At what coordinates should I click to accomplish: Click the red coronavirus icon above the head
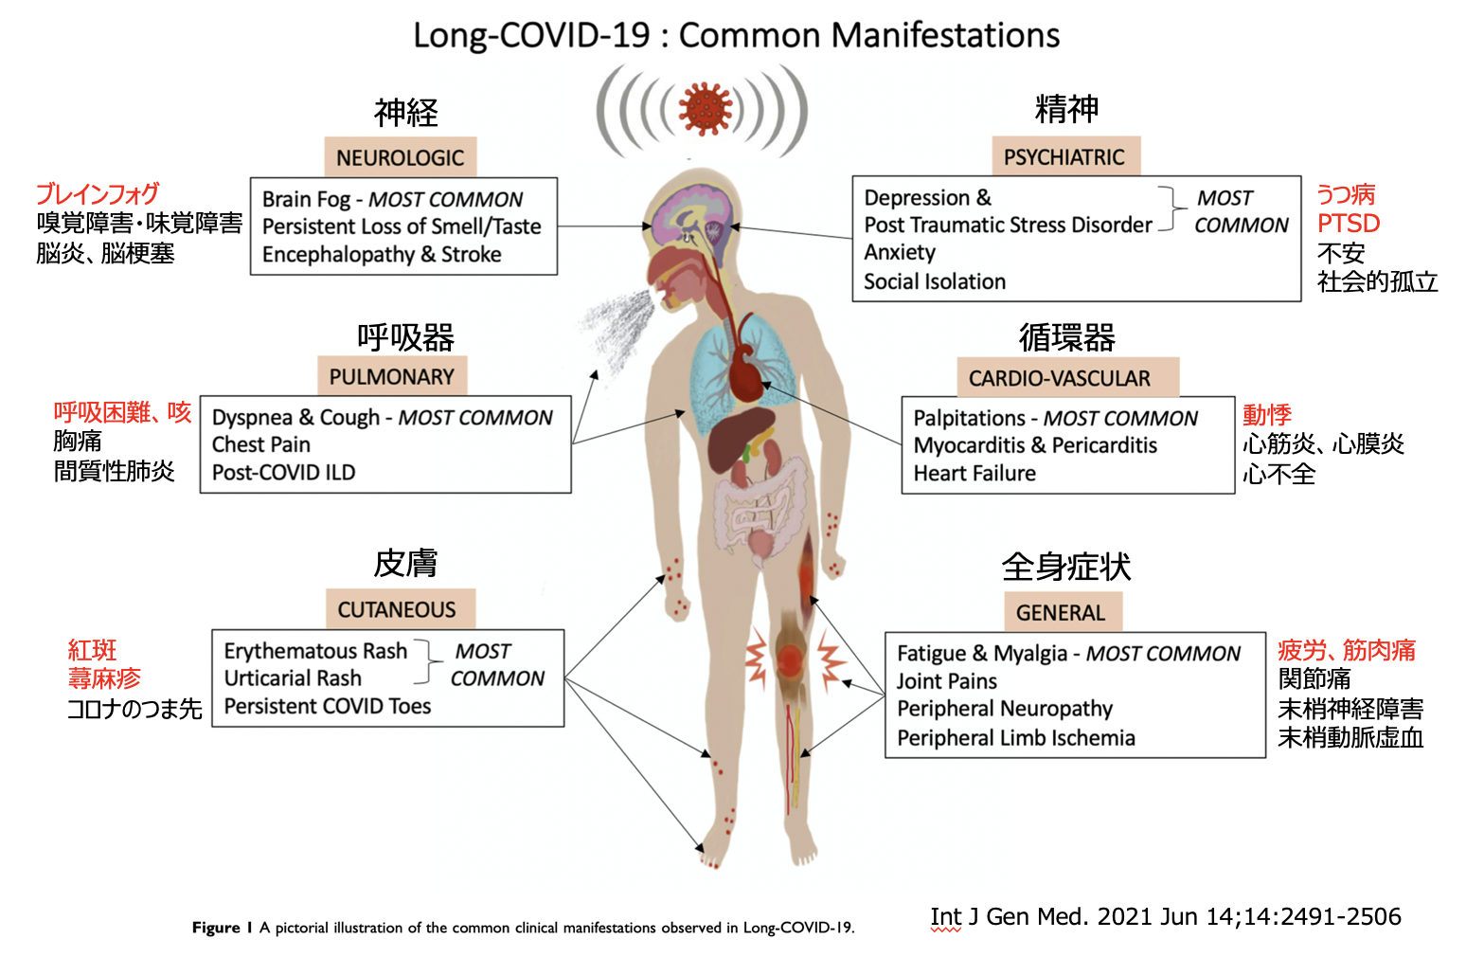705,109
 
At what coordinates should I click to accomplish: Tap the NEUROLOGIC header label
401,157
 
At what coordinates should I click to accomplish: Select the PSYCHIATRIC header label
1065,156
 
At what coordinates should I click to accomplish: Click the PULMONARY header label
392,376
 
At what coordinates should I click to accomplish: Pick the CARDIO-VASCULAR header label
1067,377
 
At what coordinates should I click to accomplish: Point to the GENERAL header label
1063,612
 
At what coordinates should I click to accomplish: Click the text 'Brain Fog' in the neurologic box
306,199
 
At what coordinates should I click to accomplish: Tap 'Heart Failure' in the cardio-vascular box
974,473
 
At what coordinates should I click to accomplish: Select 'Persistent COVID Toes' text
328,706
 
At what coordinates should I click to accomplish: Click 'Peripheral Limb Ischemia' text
1016,738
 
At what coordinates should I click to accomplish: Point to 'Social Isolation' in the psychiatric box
935,281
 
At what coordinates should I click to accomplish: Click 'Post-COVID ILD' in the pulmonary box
283,472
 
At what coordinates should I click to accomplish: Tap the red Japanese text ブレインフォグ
98,194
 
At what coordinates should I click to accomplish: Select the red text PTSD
1349,224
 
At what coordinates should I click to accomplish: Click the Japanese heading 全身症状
1066,566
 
